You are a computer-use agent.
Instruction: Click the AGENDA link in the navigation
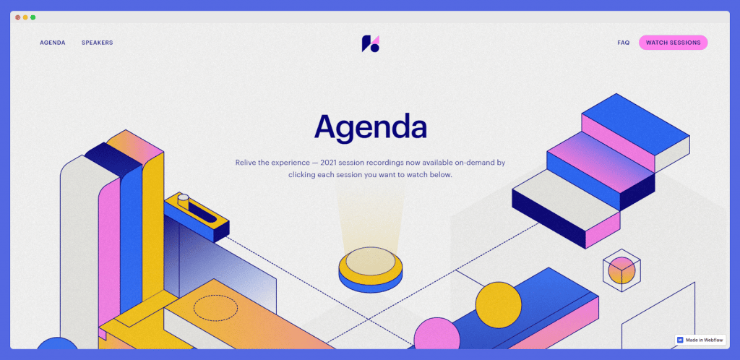tap(52, 43)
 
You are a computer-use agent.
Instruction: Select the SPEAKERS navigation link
tap(98, 43)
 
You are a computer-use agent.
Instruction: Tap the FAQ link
tap(624, 43)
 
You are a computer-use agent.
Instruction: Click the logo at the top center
tap(371, 43)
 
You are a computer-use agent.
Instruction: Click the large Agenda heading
tap(371, 127)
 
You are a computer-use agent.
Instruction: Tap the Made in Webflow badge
tap(700, 340)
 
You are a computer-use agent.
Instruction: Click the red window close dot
tap(17, 17)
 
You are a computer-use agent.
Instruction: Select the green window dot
tap(33, 17)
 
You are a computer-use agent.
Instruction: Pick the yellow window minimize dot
tap(25, 17)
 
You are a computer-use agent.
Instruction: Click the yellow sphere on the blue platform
tap(499, 305)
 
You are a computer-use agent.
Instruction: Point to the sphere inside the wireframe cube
tap(621, 270)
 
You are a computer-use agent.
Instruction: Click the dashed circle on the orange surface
tap(215, 308)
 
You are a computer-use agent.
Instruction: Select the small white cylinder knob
tap(183, 200)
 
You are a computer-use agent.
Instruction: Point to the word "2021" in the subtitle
tap(329, 163)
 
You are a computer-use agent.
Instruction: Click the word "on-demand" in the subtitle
tap(474, 163)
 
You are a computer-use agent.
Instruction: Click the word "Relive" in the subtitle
tap(246, 163)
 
